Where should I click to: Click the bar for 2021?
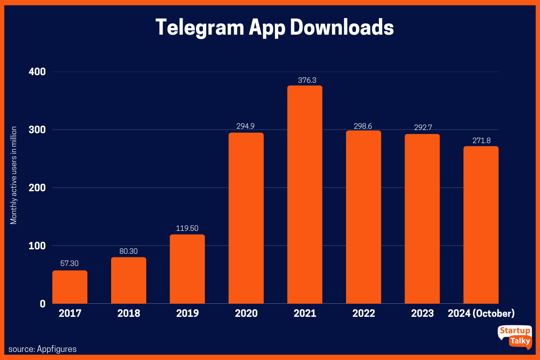pyautogui.click(x=305, y=194)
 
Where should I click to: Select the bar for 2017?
pyautogui.click(x=70, y=287)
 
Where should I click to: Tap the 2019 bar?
pyautogui.click(x=187, y=269)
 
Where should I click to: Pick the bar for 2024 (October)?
pyautogui.click(x=481, y=225)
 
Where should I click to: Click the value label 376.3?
pyautogui.click(x=305, y=80)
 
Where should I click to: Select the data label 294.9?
pyautogui.click(x=246, y=127)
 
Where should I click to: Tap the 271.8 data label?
pyautogui.click(x=481, y=140)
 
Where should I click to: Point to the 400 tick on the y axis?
pyautogui.click(x=37, y=72)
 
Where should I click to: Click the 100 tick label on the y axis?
pyautogui.click(x=37, y=246)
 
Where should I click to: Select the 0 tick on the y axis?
pyautogui.click(x=43, y=304)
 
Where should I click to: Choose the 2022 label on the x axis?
pyautogui.click(x=364, y=313)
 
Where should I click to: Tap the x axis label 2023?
pyautogui.click(x=422, y=313)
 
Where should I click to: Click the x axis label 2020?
pyautogui.click(x=246, y=313)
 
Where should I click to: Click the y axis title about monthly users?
pyautogui.click(x=14, y=175)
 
